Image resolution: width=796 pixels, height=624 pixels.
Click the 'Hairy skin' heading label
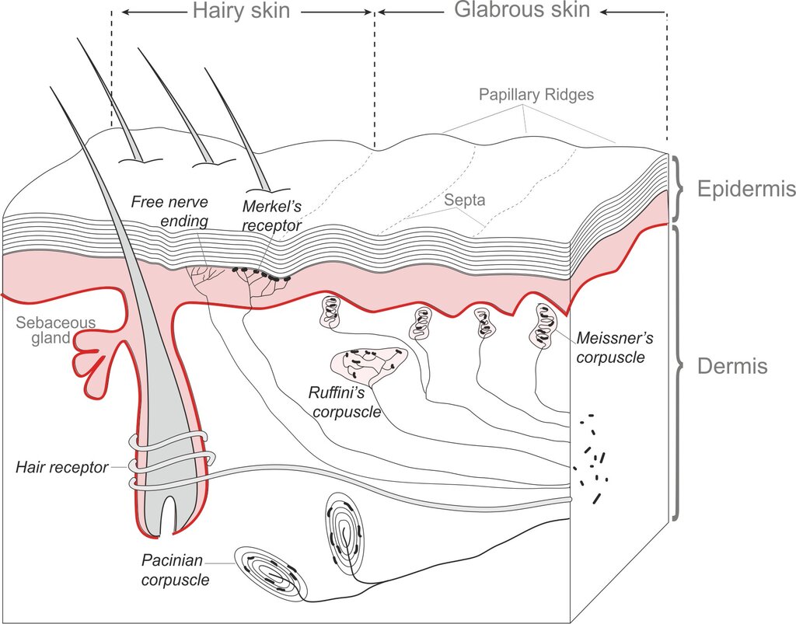point(241,11)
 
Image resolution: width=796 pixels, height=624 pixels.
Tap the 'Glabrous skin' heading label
point(522,9)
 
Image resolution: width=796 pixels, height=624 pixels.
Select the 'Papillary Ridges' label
point(536,94)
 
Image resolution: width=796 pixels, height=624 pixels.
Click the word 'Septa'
point(465,200)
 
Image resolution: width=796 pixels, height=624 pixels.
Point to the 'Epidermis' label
point(746,189)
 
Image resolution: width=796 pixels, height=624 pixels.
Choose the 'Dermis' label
point(732,366)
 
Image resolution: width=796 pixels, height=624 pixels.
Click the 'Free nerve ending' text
point(169,211)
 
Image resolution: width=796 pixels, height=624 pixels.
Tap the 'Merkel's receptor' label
point(271,215)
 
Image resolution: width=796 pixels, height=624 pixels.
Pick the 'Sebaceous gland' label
point(55,330)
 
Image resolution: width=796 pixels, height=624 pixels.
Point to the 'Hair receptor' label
point(62,467)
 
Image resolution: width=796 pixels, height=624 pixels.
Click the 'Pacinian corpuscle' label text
point(175,570)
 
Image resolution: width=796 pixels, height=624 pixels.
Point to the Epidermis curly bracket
point(678,189)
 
